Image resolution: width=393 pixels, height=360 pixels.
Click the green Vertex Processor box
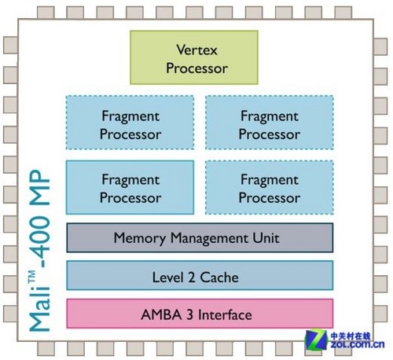tap(194, 57)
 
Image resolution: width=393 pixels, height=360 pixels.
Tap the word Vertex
tap(196, 50)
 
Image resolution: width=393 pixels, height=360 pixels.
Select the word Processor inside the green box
tap(196, 68)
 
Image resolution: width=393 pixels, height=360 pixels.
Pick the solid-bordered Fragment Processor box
tap(130, 187)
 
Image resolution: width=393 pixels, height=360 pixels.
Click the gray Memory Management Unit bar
tap(200, 237)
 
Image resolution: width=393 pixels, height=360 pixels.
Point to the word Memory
tap(140, 238)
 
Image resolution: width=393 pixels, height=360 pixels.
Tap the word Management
tap(209, 238)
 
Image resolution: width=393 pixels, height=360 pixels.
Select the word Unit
tap(266, 238)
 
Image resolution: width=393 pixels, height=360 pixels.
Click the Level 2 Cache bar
tap(200, 275)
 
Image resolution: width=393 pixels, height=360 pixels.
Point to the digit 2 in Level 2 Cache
tap(192, 277)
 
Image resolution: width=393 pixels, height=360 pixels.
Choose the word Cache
tap(219, 277)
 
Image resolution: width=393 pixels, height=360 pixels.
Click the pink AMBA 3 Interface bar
tap(200, 314)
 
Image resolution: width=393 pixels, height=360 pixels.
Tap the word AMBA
tap(161, 314)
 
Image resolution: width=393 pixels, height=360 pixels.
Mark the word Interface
tap(225, 314)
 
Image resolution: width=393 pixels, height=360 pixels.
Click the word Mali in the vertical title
tap(40, 310)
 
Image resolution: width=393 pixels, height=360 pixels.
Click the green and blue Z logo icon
tap(316, 340)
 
